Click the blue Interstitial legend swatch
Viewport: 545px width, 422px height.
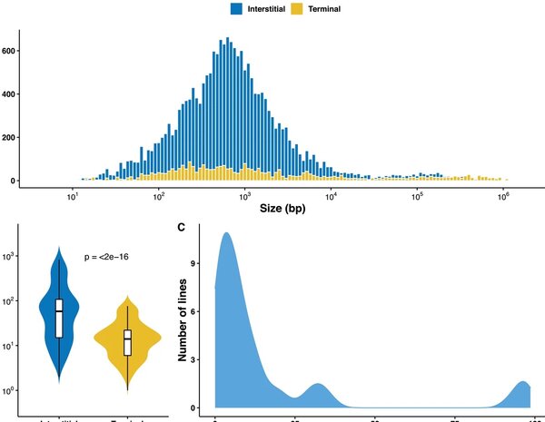click(235, 9)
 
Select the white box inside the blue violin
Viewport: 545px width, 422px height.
click(59, 318)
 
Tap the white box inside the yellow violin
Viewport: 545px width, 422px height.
click(127, 342)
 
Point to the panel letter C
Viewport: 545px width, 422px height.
click(182, 226)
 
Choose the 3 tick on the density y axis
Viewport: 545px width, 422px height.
click(204, 360)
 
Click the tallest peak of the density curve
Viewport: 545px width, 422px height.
click(225, 233)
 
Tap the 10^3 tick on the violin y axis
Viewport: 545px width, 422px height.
click(15, 257)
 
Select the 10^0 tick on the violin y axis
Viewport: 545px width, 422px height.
click(15, 390)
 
